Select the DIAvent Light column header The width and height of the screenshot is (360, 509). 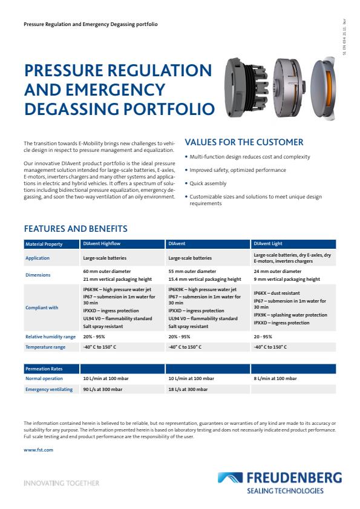(x=267, y=244)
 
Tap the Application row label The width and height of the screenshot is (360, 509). (x=38, y=258)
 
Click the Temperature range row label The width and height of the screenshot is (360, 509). (x=45, y=347)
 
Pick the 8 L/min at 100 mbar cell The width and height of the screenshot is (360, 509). (x=275, y=378)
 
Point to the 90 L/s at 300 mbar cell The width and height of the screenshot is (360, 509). (x=103, y=389)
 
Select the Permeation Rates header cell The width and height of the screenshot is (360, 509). (x=44, y=368)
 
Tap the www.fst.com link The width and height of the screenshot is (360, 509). (x=39, y=450)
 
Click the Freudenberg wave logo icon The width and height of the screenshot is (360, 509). (x=232, y=479)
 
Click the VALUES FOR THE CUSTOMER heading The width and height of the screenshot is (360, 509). (x=244, y=142)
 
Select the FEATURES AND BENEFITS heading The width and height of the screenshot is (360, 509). (x=76, y=229)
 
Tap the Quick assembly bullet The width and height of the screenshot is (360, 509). (x=208, y=183)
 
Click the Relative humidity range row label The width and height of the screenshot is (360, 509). (x=51, y=337)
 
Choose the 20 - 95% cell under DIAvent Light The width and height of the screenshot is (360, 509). (x=263, y=337)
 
